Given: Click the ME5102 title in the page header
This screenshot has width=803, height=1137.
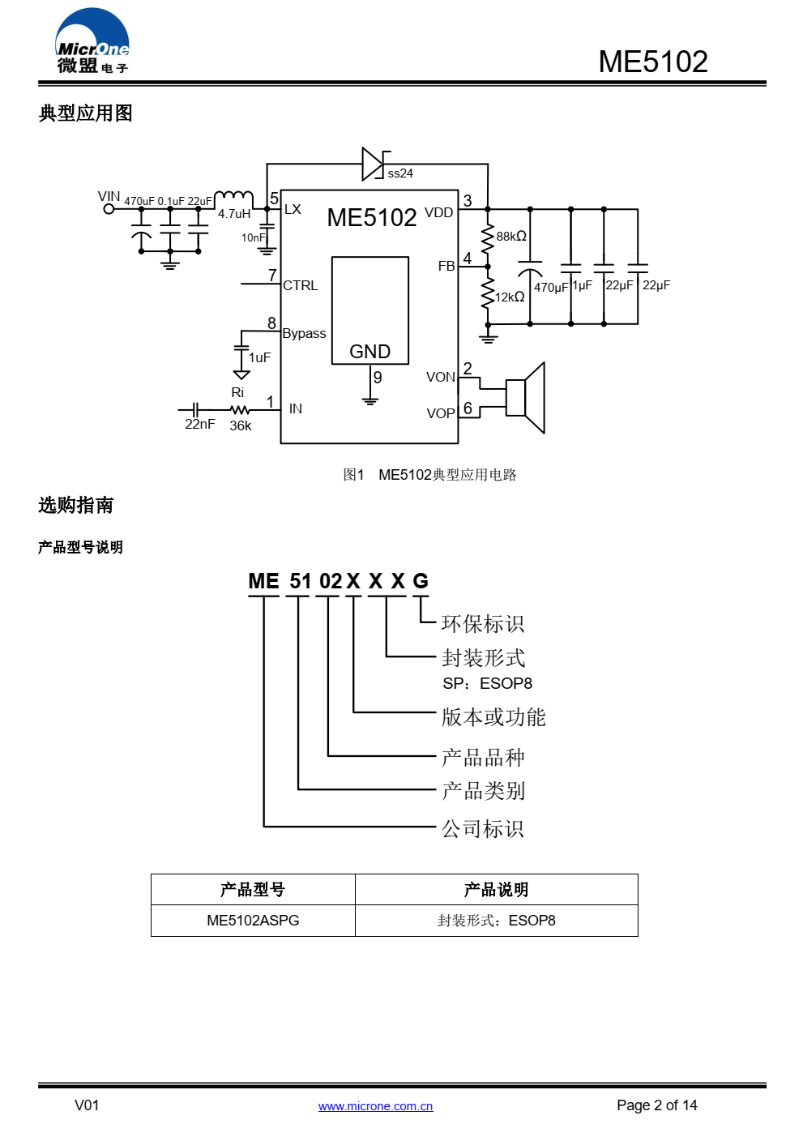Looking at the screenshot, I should coord(652,62).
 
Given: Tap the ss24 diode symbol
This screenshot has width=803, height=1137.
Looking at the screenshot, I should coord(373,164).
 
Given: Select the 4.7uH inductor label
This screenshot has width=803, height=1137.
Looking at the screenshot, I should coord(234,214).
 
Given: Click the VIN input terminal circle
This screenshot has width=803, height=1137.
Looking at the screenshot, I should coord(109,209).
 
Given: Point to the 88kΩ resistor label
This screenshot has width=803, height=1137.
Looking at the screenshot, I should coord(511,237).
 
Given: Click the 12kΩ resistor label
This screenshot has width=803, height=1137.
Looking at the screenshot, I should coord(510,297).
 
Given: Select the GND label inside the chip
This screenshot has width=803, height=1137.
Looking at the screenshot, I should coord(369,352).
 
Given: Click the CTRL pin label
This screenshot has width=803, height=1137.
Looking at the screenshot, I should coord(300,285).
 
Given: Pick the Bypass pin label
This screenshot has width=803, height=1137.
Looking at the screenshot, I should coord(304,333).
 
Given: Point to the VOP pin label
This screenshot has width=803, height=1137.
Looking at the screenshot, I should coord(441,413).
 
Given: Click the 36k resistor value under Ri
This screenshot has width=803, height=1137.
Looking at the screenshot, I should coord(241,426).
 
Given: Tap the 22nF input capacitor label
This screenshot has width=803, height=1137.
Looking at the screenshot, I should coord(199,425).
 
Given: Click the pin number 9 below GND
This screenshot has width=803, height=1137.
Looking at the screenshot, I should coord(378,378).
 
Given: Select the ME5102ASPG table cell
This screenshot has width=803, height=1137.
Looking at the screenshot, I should coord(253,921).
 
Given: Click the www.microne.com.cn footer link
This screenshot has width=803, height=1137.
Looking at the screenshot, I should coord(375,1106).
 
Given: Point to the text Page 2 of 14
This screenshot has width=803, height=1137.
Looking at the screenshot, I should coord(656,1105).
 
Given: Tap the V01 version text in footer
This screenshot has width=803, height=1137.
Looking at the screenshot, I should coord(87,1105).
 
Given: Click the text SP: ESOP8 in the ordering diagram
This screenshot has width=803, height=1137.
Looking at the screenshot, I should coord(487,684).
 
